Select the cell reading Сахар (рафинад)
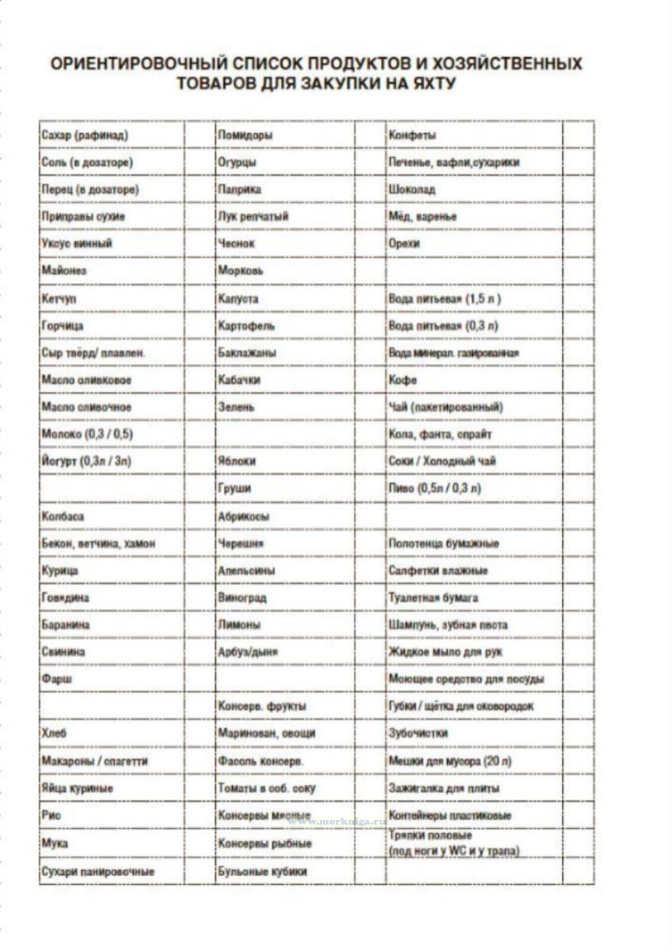pyautogui.click(x=85, y=135)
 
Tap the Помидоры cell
pyautogui.click(x=245, y=135)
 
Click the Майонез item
pyautogui.click(x=64, y=270)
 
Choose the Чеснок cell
pyautogui.click(x=237, y=244)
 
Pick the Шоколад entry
pyautogui.click(x=412, y=189)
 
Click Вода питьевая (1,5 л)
pyautogui.click(x=445, y=298)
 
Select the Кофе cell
pyautogui.click(x=403, y=380)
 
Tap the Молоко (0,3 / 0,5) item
pyautogui.click(x=87, y=434)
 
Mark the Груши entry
pyautogui.click(x=234, y=488)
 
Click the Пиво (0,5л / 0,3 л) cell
pyautogui.click(x=435, y=488)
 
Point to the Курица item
pyautogui.click(x=60, y=570)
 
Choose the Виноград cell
pyautogui.click(x=242, y=598)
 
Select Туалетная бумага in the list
pyautogui.click(x=433, y=598)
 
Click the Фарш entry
pyautogui.click(x=56, y=678)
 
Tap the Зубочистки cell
pyautogui.click(x=418, y=733)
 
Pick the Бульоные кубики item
pyautogui.click(x=262, y=871)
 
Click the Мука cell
pyautogui.click(x=55, y=843)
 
